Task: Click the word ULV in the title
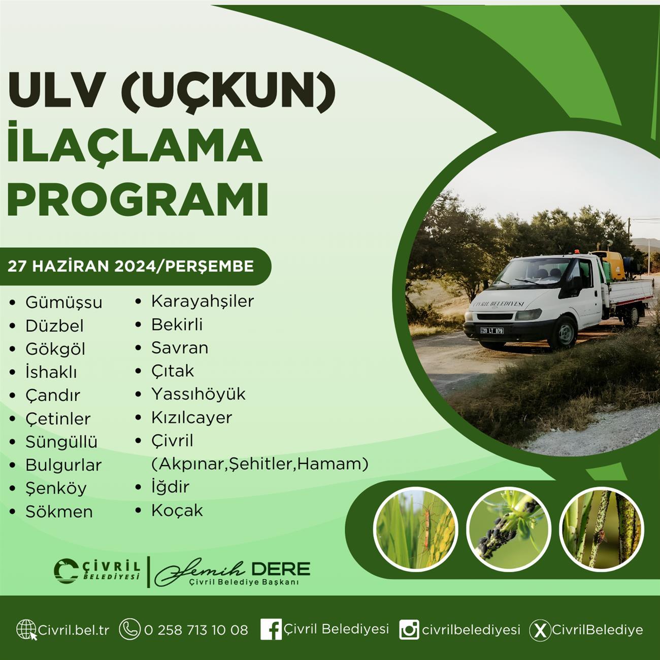(x=56, y=93)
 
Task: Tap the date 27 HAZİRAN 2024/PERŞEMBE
(x=130, y=266)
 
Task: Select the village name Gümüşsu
(x=63, y=303)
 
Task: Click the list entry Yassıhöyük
(x=199, y=394)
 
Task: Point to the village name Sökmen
(x=59, y=512)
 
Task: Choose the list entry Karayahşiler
(x=203, y=302)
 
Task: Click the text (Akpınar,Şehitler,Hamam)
(x=260, y=464)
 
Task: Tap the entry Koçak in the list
(x=177, y=510)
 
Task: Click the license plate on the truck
(x=492, y=331)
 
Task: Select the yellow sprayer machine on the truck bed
(x=609, y=264)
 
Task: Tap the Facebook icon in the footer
(x=271, y=629)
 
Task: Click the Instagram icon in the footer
(x=409, y=630)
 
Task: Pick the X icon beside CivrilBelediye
(x=540, y=631)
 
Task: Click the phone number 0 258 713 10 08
(x=196, y=630)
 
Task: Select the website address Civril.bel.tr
(x=74, y=630)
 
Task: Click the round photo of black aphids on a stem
(x=509, y=530)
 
